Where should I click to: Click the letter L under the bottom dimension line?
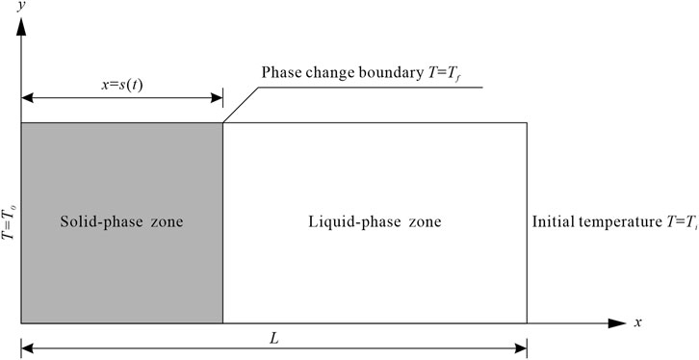coord(273,339)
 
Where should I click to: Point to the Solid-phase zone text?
coord(120,222)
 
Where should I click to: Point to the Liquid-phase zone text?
coord(375,222)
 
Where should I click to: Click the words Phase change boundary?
coord(337,74)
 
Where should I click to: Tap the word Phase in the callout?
coord(282,74)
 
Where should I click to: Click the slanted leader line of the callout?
coord(241,104)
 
